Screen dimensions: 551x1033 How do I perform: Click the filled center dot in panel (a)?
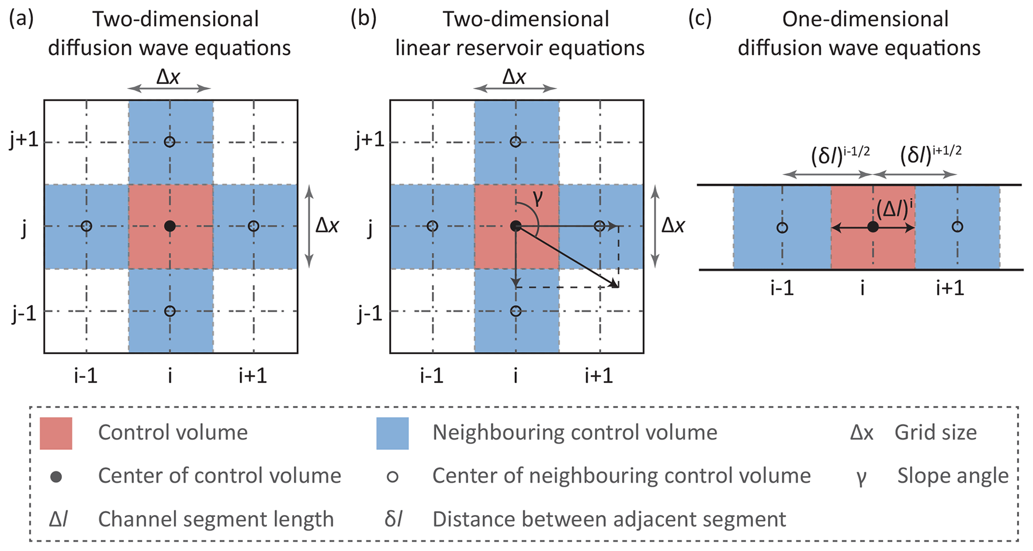coord(170,226)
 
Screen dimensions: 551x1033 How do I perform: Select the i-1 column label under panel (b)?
coord(432,375)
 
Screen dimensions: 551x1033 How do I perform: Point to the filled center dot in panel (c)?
coord(873,227)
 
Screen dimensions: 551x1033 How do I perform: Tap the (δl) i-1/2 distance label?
coord(840,156)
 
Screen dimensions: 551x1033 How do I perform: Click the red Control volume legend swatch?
coord(56,433)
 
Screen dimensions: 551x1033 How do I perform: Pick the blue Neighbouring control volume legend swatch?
coord(392,433)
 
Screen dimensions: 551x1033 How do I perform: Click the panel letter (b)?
coord(363,19)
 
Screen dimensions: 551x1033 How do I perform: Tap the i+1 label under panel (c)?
coord(950,288)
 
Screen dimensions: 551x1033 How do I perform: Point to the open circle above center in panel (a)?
coord(170,142)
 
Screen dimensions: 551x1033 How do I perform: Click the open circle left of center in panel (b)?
coord(433,226)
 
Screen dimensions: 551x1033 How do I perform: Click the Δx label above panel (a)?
coord(168,77)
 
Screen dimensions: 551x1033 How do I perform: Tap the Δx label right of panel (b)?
coord(673,226)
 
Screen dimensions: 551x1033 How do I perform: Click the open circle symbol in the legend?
coord(393,477)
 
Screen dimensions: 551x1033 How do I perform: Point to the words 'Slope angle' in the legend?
coord(953,476)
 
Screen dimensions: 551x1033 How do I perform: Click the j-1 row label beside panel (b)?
coord(370,314)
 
